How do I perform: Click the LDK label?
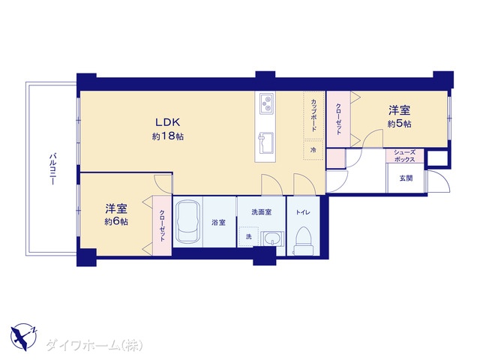tap(168, 122)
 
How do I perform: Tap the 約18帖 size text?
tap(168, 136)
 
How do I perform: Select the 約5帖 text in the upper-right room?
tap(400, 124)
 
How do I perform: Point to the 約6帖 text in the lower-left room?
tap(116, 221)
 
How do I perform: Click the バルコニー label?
tap(52, 169)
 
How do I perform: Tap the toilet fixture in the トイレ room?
tap(303, 241)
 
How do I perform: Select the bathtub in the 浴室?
tap(187, 221)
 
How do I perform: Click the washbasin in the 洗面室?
tap(272, 238)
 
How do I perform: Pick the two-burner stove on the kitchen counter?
tap(266, 103)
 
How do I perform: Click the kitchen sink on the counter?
tap(266, 143)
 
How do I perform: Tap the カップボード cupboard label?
tap(313, 115)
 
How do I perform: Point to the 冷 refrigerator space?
tap(313, 150)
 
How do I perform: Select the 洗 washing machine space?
tap(248, 237)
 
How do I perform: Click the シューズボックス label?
tap(404, 156)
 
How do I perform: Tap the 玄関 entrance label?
tap(406, 178)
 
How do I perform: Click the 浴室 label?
tap(218, 223)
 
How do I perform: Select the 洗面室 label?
tap(262, 211)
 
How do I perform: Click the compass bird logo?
tap(23, 337)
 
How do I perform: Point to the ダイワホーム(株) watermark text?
tap(94, 345)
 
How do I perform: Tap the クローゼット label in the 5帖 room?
tap(338, 119)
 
